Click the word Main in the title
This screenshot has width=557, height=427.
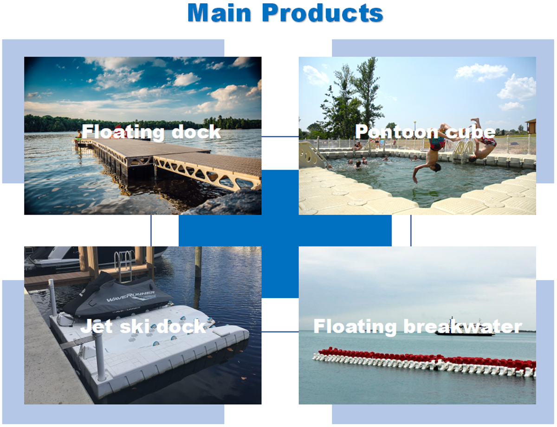219,13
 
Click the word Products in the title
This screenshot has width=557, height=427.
323,13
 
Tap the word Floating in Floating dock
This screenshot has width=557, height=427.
123,132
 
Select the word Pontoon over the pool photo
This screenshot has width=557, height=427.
397,132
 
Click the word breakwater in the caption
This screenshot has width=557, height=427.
463,326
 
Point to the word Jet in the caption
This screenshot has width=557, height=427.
97,326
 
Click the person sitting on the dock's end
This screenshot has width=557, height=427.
78,136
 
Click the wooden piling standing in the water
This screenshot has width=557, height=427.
198,262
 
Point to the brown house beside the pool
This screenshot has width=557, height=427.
531,126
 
